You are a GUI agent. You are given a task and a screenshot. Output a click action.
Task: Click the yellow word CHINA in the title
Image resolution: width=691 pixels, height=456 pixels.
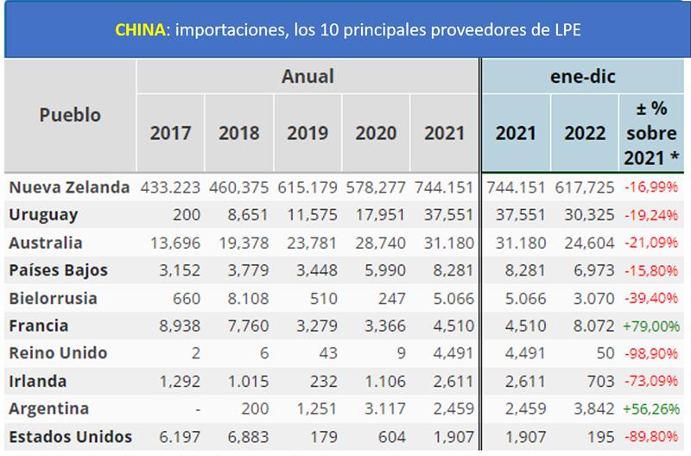coord(140,29)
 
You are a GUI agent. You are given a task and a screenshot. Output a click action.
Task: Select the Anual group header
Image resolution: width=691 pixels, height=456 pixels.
coord(307,77)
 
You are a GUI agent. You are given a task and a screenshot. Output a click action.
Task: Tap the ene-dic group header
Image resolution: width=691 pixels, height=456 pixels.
coord(584,77)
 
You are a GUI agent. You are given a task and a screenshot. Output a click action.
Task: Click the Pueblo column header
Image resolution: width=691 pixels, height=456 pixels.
coord(70,115)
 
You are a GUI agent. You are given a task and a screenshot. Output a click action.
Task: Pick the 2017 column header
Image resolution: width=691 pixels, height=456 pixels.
coord(170,133)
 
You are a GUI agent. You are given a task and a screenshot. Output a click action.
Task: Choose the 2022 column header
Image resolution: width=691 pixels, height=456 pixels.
coord(585,133)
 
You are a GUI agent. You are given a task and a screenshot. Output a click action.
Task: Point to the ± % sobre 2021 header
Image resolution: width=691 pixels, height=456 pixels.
coord(652,133)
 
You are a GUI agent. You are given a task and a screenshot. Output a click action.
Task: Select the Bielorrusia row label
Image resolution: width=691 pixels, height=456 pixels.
coord(54,298)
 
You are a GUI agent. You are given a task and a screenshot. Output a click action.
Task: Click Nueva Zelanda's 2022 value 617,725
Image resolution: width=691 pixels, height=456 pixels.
coord(588,187)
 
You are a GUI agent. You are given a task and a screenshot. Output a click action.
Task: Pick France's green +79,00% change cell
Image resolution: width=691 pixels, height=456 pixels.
coord(651,326)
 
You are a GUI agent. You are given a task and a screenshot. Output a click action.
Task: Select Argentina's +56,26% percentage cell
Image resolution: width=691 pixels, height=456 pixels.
coord(651,408)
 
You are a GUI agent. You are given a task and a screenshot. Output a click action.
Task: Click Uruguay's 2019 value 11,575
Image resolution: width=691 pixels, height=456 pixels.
coord(308,215)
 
